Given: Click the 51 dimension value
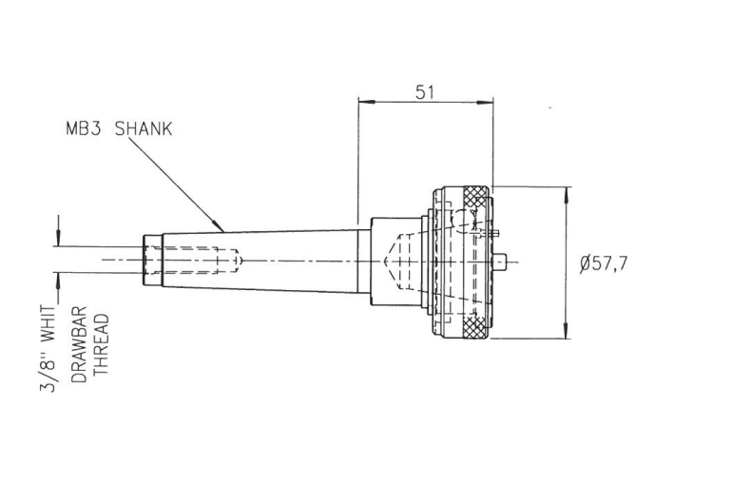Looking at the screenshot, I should click(x=426, y=91).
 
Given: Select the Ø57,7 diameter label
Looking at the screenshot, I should click(x=603, y=263).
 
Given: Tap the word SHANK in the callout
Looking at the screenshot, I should click(x=144, y=129).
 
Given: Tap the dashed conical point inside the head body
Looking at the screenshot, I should click(x=392, y=260).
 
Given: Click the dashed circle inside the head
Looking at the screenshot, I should click(x=458, y=221).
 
